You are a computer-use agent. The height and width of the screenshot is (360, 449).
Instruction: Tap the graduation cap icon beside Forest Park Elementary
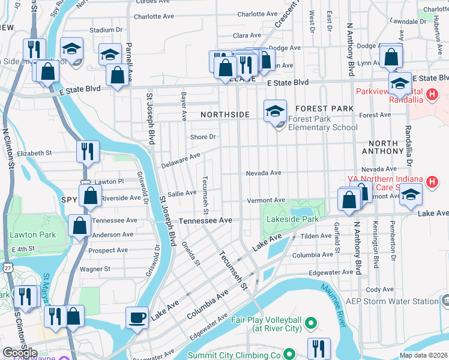click(275, 111)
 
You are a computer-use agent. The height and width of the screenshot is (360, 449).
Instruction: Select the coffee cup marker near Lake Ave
click(137, 317)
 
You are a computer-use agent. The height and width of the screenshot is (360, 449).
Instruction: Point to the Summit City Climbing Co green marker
click(289, 355)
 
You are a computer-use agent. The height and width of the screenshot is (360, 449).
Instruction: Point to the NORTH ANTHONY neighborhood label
click(383, 148)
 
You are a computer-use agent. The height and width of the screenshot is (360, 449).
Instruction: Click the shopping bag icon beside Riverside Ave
click(89, 196)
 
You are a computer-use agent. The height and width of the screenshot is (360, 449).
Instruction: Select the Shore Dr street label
click(202, 137)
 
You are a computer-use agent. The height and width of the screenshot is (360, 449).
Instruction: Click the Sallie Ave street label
click(182, 193)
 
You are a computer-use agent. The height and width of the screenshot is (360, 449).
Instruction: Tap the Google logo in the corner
click(20, 353)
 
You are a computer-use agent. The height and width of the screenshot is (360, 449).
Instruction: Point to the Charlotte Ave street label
click(258, 14)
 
